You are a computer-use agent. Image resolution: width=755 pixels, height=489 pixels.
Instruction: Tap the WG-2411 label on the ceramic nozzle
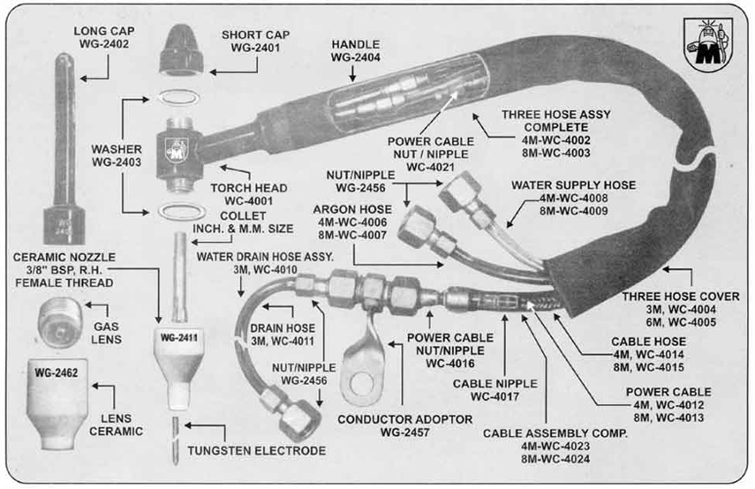coord(177,337)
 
